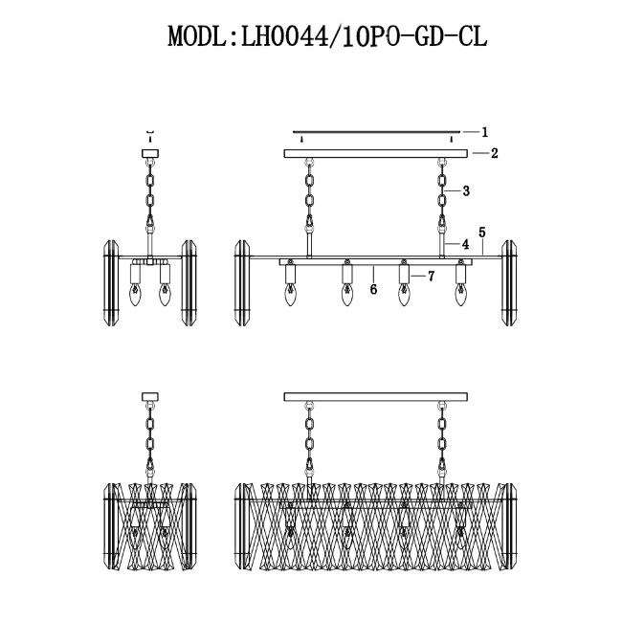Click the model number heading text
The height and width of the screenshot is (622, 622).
(327, 36)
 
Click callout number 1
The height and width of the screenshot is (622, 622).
(484, 132)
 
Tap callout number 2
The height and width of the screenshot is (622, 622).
(494, 153)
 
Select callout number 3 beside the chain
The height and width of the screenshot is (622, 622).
(466, 191)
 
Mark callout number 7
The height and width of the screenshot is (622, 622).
(432, 277)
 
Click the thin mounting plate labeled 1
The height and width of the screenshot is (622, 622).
(376, 132)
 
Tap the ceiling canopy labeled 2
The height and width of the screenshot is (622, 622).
(376, 153)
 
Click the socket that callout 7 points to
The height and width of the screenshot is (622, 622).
(404, 274)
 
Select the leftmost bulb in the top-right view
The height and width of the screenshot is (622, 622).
(290, 294)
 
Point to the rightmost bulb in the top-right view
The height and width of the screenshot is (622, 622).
(461, 294)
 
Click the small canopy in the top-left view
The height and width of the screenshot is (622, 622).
(150, 153)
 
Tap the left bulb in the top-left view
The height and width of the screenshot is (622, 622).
(135, 294)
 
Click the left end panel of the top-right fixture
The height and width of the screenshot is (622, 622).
(242, 283)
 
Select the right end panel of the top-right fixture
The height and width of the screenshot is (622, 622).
(509, 283)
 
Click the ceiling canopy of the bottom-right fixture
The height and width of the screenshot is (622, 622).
(376, 397)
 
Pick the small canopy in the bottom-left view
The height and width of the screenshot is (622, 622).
(150, 397)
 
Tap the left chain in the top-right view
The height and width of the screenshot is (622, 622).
(309, 195)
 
